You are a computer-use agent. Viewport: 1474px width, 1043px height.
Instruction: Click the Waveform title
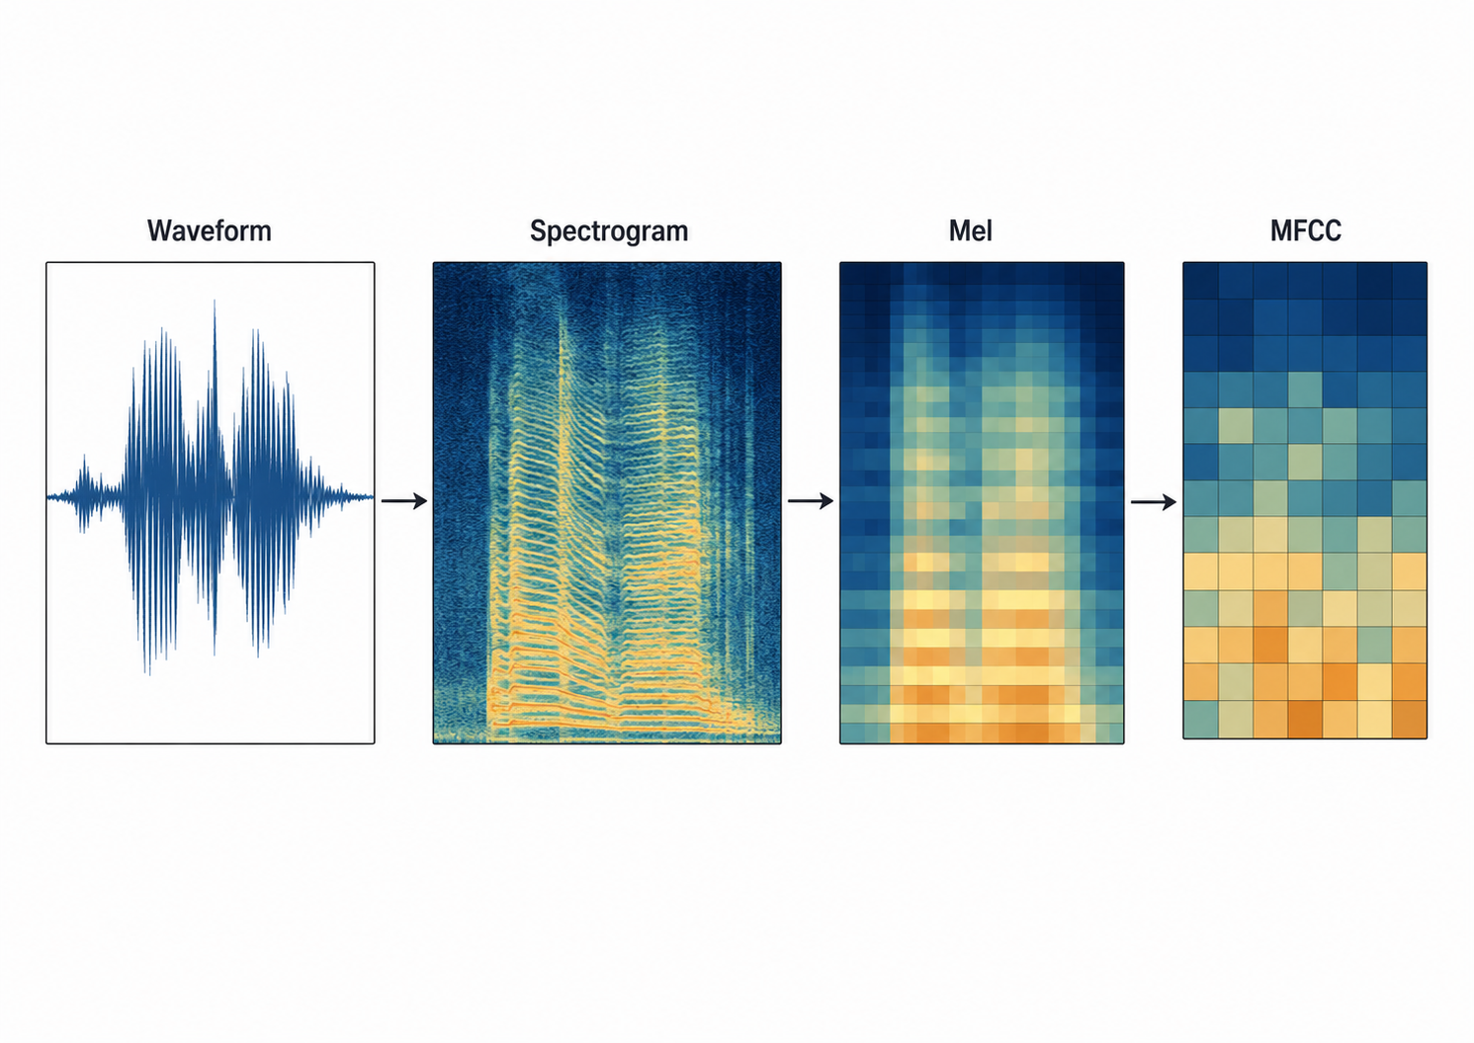tap(210, 231)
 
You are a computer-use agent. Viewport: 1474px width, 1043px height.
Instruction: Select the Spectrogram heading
tap(609, 231)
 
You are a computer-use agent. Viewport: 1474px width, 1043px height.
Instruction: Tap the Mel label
tap(970, 231)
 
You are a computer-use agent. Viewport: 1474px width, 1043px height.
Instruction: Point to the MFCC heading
tap(1306, 231)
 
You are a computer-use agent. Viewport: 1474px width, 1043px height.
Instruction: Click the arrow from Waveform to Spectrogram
tap(404, 501)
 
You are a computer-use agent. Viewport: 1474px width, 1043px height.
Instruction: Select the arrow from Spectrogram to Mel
tap(811, 501)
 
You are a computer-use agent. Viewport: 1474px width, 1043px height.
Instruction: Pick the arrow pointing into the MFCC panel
tap(1154, 502)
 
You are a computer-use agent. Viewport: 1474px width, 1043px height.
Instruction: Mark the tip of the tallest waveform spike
tap(214, 302)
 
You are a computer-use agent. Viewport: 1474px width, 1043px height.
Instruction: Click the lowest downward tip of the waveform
tap(149, 674)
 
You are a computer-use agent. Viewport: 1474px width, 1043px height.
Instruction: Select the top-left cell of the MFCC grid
tap(1200, 281)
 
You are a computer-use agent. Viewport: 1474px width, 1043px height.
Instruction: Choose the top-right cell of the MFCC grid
tap(1410, 281)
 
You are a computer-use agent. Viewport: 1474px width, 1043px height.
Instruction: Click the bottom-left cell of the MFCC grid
tap(1200, 720)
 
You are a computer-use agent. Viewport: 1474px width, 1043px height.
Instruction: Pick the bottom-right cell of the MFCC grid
tap(1410, 720)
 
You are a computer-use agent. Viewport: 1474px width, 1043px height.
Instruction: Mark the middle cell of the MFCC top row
tap(1305, 281)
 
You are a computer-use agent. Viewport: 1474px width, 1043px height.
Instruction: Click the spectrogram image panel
tap(607, 503)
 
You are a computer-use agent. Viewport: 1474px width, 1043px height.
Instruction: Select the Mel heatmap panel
tap(982, 503)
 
